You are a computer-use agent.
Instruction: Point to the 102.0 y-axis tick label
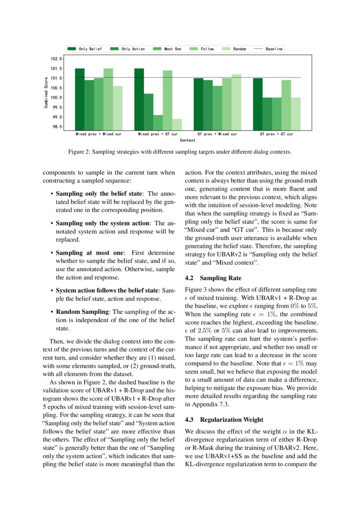57,59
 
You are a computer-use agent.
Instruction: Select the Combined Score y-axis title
46,93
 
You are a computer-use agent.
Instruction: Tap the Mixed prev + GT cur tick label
158,134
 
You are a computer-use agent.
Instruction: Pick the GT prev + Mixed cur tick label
217,134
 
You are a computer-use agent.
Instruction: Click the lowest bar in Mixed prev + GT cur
177,125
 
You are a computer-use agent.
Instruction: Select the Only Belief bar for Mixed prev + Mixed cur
80,99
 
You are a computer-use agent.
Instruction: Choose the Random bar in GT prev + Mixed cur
236,102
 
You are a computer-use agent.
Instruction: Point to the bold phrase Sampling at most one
90,253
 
